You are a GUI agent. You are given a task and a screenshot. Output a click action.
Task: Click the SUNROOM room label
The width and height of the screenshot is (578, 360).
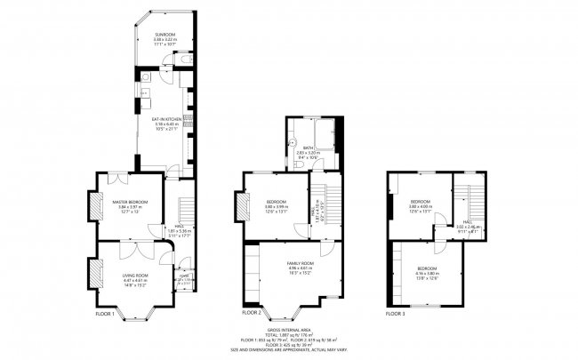165,35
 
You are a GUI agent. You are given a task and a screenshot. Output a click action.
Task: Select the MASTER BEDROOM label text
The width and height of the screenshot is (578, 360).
129,203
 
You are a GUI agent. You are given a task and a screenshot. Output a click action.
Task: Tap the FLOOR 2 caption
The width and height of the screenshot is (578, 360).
253,313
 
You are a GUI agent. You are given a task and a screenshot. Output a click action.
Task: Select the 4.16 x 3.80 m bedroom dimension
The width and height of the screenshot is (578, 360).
428,273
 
